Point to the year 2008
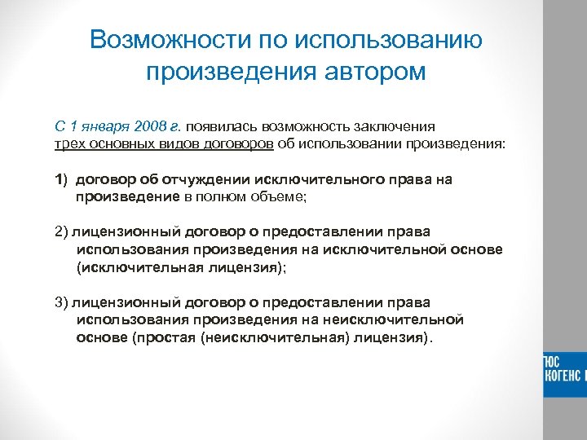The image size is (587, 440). click(154, 127)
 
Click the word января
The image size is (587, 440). click(108, 127)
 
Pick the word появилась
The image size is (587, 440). click(223, 127)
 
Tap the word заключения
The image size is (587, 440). click(389, 127)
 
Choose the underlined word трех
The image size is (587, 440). click(70, 143)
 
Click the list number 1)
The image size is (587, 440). click(63, 179)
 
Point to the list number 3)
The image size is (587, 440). click(63, 302)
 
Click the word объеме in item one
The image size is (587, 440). click(277, 196)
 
